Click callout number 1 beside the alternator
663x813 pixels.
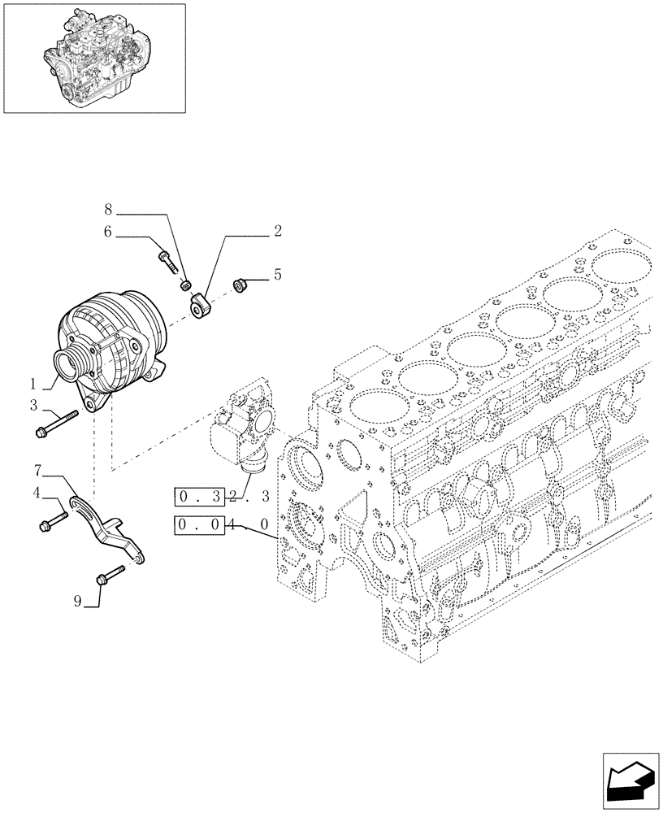(34, 382)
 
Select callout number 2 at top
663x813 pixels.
(277, 232)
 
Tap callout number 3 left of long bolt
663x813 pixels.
(34, 405)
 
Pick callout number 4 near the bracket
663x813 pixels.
(37, 493)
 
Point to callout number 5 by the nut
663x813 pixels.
(277, 276)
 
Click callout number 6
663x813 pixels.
(107, 232)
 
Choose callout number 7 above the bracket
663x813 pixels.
(38, 471)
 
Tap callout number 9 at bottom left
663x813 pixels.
(78, 602)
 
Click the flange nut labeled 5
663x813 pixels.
(240, 285)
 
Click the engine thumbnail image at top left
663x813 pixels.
(93, 58)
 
